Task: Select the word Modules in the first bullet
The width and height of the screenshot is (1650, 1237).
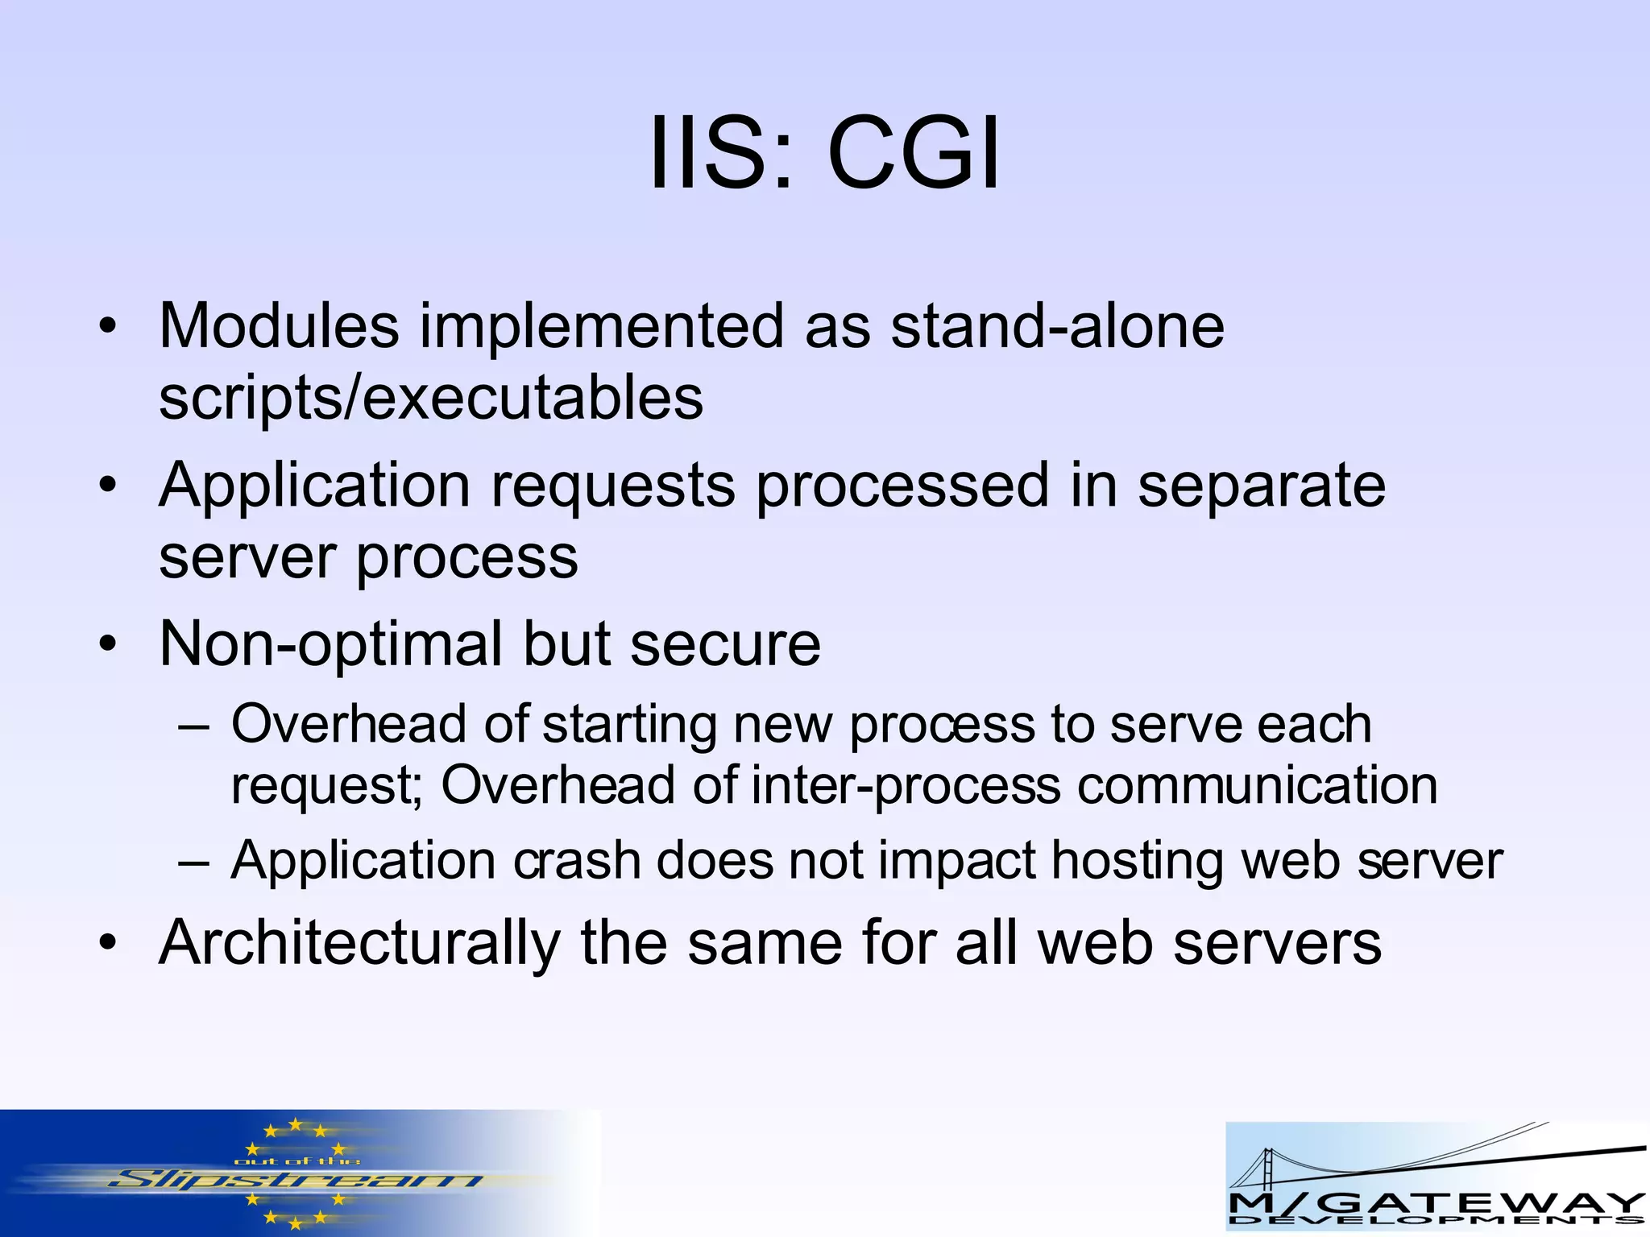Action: pyautogui.click(x=279, y=325)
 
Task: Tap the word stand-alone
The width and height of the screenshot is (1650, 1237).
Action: pyautogui.click(x=1057, y=325)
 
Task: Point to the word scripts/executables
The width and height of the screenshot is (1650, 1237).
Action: pyautogui.click(x=431, y=398)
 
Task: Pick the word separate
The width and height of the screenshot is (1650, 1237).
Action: pyautogui.click(x=1261, y=486)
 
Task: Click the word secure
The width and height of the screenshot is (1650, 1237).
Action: pyautogui.click(x=724, y=644)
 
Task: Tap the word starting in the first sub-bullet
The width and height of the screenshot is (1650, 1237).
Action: pyautogui.click(x=629, y=724)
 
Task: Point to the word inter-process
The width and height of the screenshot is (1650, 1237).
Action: pyautogui.click(x=906, y=785)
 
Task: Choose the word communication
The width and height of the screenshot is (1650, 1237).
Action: pyautogui.click(x=1257, y=785)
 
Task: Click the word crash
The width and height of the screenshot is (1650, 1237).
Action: pyautogui.click(x=577, y=861)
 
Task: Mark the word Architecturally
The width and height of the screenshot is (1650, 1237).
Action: pyautogui.click(x=359, y=943)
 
